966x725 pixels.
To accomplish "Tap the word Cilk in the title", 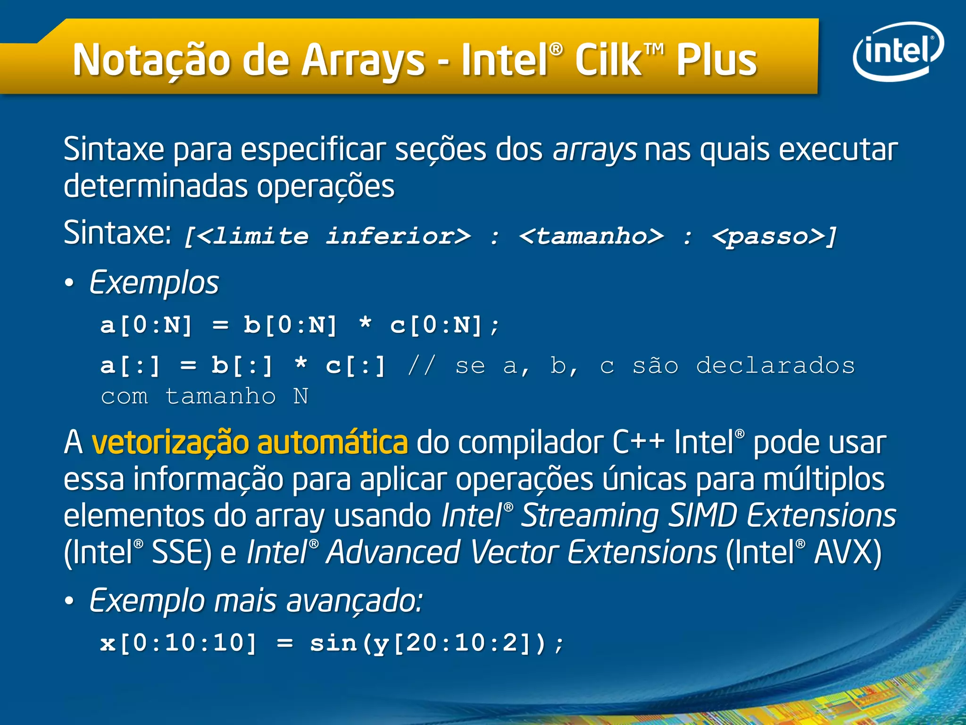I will [x=608, y=60].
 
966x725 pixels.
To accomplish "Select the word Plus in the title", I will [x=716, y=60].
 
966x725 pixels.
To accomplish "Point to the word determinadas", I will [x=156, y=186].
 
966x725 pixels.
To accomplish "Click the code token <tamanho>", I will [x=591, y=236].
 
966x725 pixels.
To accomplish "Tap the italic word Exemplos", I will [x=154, y=283].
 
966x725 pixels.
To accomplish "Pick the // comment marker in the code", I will [x=421, y=366].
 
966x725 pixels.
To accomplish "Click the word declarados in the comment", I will [x=775, y=366].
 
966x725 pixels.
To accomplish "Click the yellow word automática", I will [x=332, y=443].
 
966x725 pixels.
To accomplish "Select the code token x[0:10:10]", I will [x=179, y=643].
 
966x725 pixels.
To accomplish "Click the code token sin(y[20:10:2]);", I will [x=437, y=643].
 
